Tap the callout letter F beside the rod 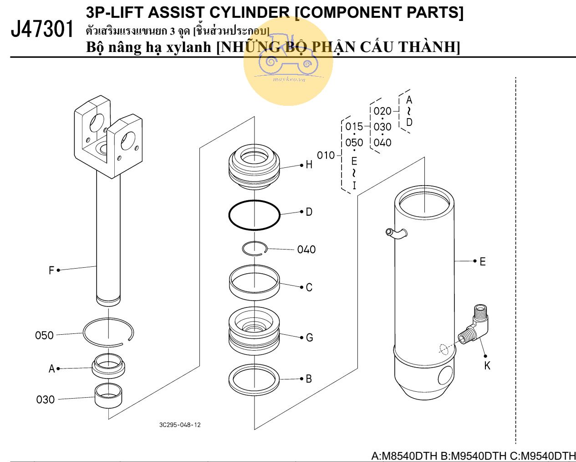point(51,270)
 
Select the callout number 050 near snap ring point(44,336)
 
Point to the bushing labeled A point(108,366)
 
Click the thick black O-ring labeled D point(254,215)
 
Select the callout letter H point(309,165)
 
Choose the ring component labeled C point(254,283)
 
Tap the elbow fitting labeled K point(475,324)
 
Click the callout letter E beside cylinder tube point(483,262)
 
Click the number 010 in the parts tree point(326,156)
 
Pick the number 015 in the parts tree point(354,126)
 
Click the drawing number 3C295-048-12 point(180,425)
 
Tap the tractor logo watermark point(288,62)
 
